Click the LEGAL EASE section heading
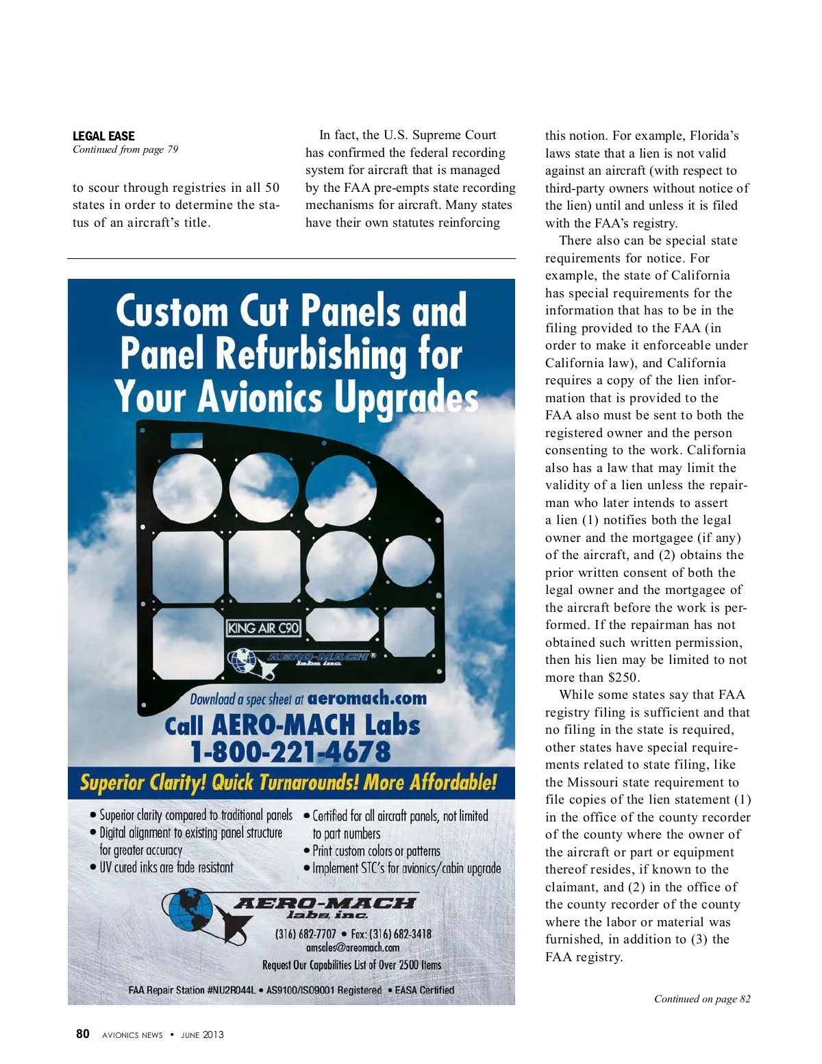pyautogui.click(x=103, y=136)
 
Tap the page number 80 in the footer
pyautogui.click(x=82, y=1034)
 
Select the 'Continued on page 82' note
pyautogui.click(x=701, y=998)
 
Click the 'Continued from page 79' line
pyautogui.click(x=125, y=149)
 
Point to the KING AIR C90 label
pyautogui.click(x=264, y=628)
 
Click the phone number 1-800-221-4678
pyautogui.click(x=290, y=752)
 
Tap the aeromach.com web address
pyautogui.click(x=367, y=698)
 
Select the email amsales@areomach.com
pyautogui.click(x=353, y=948)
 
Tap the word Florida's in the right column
pyautogui.click(x=714, y=136)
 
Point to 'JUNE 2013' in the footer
pyautogui.click(x=202, y=1035)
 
